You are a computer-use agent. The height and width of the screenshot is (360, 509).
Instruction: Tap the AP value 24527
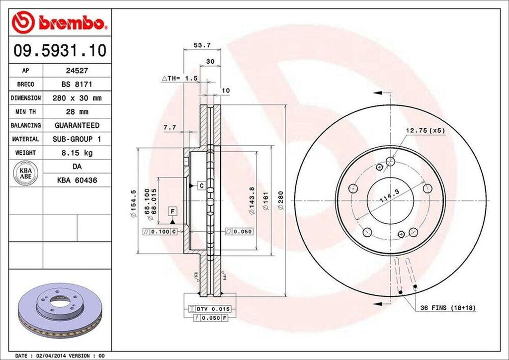point(77,71)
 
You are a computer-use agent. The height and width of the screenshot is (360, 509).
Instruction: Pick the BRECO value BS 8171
point(77,85)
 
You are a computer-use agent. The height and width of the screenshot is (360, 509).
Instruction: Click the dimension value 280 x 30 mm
point(77,98)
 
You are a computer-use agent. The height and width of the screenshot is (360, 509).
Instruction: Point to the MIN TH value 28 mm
point(77,112)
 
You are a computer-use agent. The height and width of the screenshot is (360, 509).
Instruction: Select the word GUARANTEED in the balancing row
point(77,125)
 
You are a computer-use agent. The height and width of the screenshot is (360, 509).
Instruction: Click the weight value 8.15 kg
point(77,153)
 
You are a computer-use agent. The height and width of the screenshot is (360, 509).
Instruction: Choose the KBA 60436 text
point(77,180)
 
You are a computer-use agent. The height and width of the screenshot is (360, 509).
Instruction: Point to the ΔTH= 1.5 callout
point(180,79)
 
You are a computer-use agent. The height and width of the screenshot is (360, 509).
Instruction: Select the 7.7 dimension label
point(170,127)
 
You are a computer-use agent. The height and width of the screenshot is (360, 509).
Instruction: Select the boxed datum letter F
point(172,211)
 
